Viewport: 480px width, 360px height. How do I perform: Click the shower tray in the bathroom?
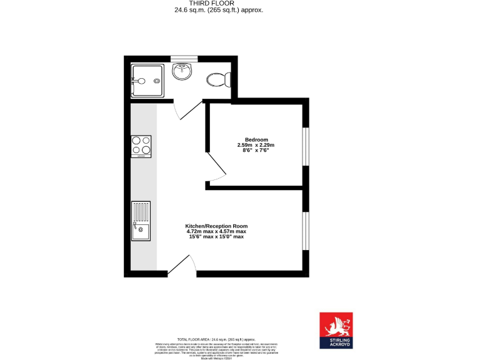[147, 80]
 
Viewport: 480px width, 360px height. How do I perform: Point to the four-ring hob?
[141, 146]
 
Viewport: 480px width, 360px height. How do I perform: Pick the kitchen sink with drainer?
[141, 221]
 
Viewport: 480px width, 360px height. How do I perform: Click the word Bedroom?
[256, 139]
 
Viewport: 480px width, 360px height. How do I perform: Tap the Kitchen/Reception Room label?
[216, 226]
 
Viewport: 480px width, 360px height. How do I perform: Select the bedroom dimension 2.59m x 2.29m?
[256, 145]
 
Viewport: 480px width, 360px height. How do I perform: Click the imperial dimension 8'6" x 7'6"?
[256, 151]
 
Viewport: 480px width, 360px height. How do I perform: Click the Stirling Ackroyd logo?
[336, 329]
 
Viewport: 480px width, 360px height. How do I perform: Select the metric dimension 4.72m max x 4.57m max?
[216, 231]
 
